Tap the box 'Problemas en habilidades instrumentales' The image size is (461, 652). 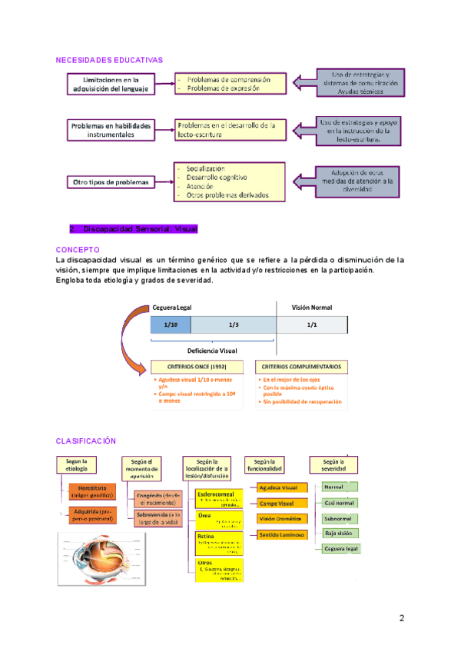pos(112,129)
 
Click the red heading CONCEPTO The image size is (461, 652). pos(78,250)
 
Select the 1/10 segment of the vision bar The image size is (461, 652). pos(170,325)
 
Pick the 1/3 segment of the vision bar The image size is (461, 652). pos(234,325)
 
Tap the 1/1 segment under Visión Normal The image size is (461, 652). pos(312,325)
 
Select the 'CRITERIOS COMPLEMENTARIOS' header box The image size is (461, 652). pos(301,367)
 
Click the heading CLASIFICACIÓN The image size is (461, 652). pos(85,441)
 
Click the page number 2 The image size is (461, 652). pos(401,618)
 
